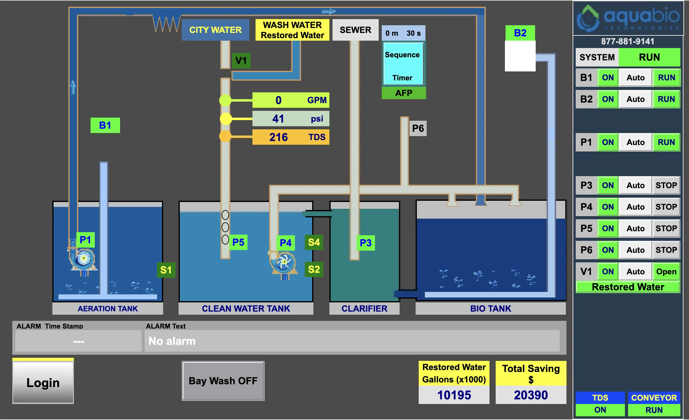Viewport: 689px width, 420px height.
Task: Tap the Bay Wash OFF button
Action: (223, 381)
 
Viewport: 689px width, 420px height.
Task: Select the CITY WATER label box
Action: (215, 30)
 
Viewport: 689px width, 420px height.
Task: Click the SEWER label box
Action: (355, 30)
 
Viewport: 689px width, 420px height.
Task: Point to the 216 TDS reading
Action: (291, 137)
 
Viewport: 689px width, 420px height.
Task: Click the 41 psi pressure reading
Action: (291, 119)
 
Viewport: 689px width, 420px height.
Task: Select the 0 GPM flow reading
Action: (291, 100)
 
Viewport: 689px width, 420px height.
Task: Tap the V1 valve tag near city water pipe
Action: (241, 60)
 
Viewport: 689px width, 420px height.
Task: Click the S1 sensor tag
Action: (166, 270)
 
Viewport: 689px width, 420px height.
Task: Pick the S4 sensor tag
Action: (314, 242)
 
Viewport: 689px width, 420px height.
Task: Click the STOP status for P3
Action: (666, 185)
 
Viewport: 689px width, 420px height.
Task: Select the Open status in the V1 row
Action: (666, 272)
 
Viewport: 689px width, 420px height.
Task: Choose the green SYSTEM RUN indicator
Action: (649, 57)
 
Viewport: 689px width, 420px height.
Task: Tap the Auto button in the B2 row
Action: (635, 99)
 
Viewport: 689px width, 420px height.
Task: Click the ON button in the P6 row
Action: (608, 250)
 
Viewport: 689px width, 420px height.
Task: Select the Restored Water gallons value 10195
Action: (454, 395)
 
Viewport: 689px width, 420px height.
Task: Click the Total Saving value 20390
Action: (531, 395)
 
